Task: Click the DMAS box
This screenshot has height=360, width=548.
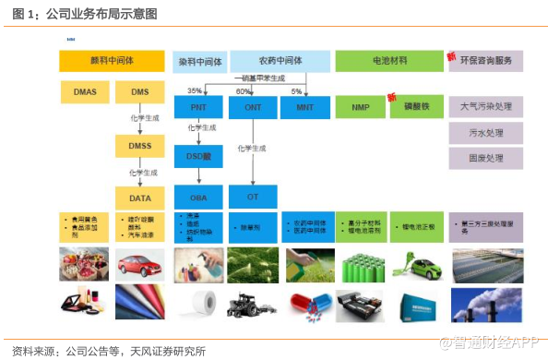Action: click(x=84, y=92)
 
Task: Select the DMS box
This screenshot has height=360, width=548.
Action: click(x=139, y=92)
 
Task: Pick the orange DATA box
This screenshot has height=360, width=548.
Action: click(x=139, y=198)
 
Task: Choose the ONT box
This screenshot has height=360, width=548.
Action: click(x=253, y=108)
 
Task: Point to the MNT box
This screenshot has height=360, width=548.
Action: click(x=304, y=108)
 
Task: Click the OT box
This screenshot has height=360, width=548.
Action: click(x=253, y=198)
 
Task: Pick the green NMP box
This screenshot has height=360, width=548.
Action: click(x=361, y=108)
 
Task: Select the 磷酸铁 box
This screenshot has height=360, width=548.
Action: click(x=418, y=108)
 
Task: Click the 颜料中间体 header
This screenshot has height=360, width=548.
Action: click(x=111, y=62)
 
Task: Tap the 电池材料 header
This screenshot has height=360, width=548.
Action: click(x=388, y=62)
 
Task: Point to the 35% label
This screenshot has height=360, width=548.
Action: click(x=195, y=91)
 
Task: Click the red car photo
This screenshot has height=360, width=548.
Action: click(x=139, y=263)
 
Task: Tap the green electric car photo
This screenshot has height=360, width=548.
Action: click(x=418, y=263)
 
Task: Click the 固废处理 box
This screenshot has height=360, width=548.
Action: click(x=486, y=158)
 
